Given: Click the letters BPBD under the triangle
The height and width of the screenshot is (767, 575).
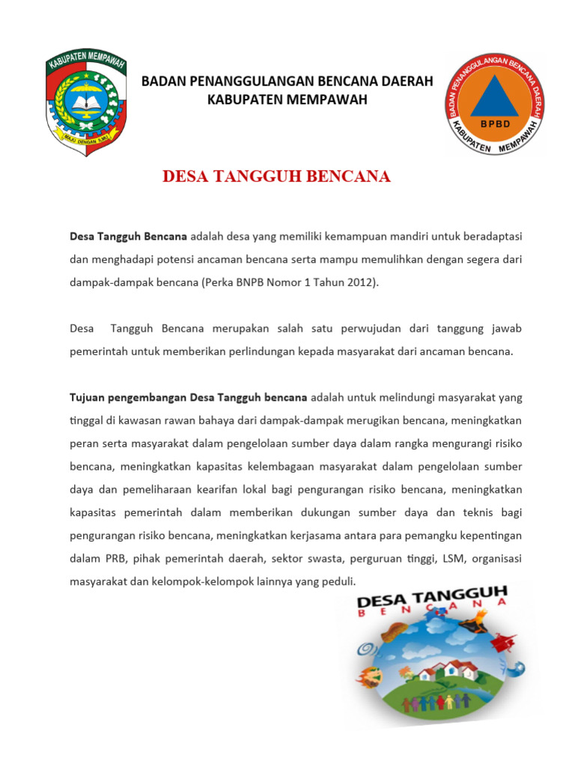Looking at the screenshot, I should [x=494, y=124].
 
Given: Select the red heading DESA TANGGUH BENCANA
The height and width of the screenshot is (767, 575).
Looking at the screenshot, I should [x=277, y=177].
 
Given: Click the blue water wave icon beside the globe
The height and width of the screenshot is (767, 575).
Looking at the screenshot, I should [x=517, y=669].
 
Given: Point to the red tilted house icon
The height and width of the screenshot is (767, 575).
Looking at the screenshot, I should [x=503, y=642].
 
